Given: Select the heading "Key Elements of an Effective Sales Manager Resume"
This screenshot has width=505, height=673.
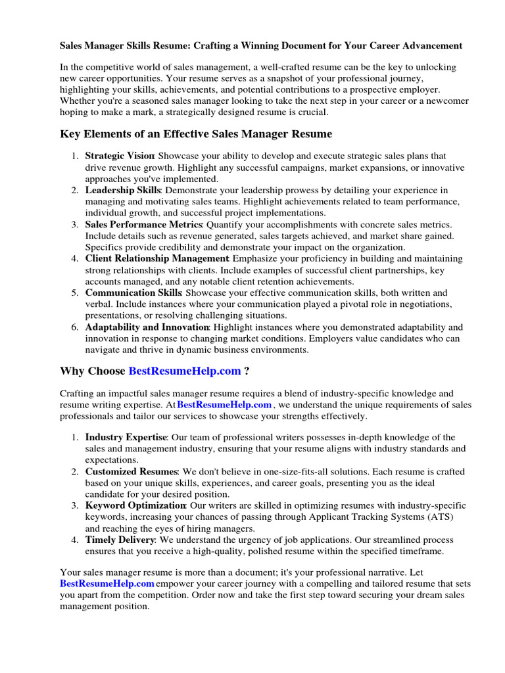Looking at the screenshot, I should point(196,134).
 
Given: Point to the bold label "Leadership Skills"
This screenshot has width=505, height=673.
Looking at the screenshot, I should point(123,191).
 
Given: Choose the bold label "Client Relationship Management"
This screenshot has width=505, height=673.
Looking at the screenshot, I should point(157,259).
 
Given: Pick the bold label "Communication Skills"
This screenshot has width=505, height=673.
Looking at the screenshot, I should point(133,292).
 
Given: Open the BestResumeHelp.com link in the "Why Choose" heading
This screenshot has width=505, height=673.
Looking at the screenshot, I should point(185,371).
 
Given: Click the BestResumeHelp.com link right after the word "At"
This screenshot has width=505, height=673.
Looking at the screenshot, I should point(224,406).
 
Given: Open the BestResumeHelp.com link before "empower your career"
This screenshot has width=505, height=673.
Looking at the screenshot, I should point(107,584).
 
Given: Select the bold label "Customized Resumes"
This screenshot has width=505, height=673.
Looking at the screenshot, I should point(132,472).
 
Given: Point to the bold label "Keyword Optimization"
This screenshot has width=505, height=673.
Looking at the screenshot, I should point(135,506).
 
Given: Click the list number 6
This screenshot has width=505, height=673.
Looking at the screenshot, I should point(75,327).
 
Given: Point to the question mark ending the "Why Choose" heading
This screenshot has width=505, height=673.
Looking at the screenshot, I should point(247,371).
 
